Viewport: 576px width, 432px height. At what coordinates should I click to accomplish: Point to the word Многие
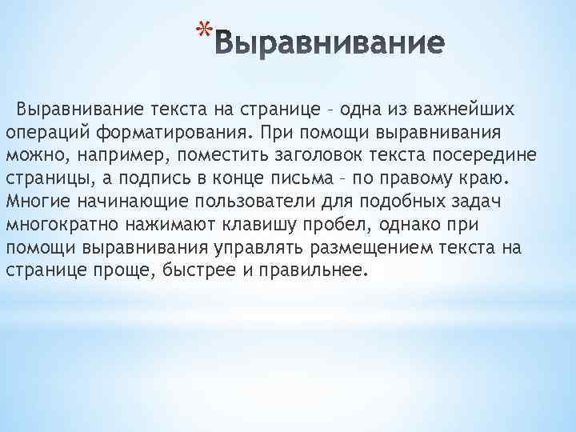(37, 199)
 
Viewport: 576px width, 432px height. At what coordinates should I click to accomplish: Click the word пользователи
(250, 199)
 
